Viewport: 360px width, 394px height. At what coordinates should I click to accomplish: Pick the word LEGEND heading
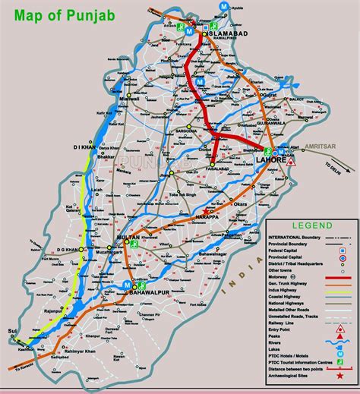(312, 226)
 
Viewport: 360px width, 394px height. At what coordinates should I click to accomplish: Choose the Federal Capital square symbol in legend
(342, 251)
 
